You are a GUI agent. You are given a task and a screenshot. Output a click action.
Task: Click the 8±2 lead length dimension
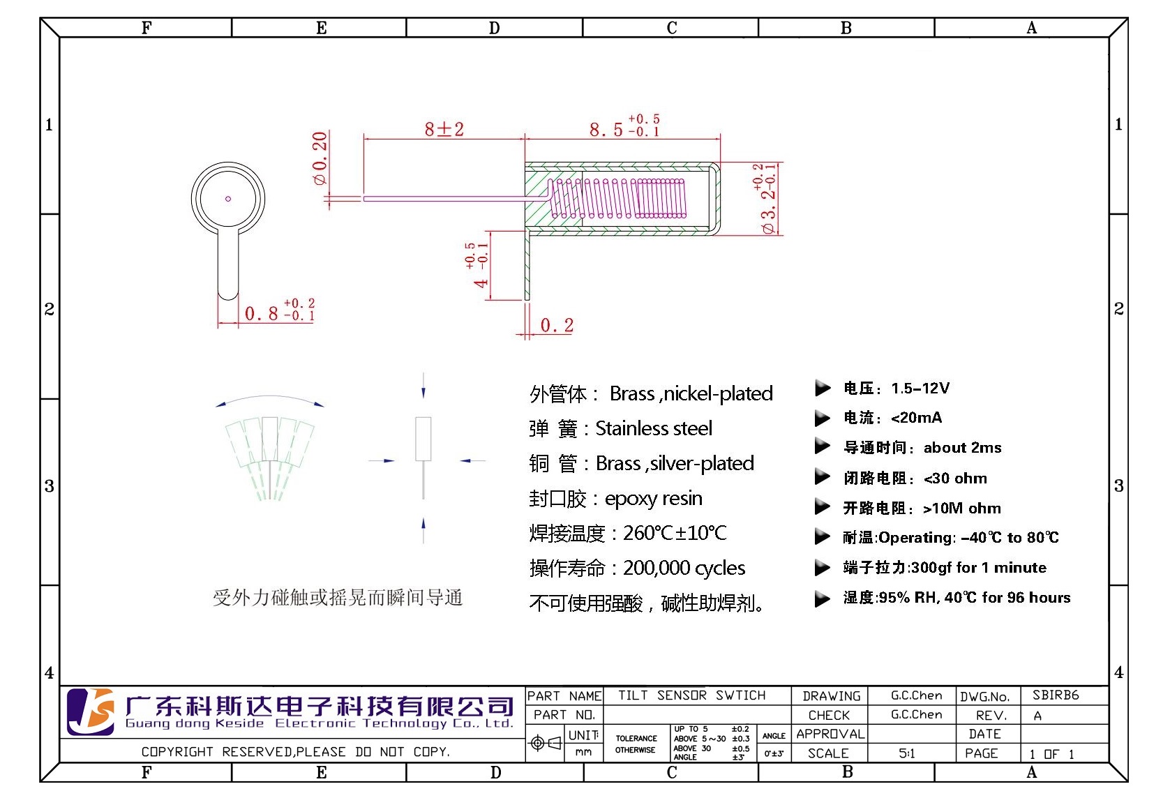point(444,128)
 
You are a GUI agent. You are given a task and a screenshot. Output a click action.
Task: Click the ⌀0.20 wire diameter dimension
point(320,158)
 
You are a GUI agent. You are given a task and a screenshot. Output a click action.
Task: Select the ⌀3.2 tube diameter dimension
point(767,199)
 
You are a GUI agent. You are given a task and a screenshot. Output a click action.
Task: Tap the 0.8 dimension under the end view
point(280,310)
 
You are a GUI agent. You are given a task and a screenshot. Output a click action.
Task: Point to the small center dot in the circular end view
point(227,199)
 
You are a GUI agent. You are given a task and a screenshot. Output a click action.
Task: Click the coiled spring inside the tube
point(618,199)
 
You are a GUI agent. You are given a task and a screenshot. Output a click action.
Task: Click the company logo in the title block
point(91,712)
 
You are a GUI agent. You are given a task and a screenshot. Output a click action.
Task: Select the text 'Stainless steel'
point(654,428)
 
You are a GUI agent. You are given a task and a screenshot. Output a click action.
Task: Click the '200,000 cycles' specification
point(684,568)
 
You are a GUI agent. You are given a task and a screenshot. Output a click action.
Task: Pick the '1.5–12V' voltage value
point(920,388)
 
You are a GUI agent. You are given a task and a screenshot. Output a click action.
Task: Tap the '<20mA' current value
point(917,417)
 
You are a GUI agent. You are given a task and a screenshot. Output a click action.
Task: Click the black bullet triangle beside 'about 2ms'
point(822,446)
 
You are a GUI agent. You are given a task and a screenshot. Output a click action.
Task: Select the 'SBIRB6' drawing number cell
point(1056,695)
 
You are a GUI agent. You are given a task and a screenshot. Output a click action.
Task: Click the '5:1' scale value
point(907,753)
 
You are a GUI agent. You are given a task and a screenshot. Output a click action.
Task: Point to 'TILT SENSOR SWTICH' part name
point(691,695)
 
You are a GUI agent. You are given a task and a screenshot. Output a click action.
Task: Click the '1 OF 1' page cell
point(1051,753)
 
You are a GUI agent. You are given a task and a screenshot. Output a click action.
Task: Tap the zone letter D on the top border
point(494,28)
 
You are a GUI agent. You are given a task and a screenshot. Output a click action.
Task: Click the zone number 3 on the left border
point(49,485)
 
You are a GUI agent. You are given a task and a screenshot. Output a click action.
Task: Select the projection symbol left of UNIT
point(546,743)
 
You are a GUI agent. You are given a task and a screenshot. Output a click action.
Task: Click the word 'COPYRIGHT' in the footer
point(177,751)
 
